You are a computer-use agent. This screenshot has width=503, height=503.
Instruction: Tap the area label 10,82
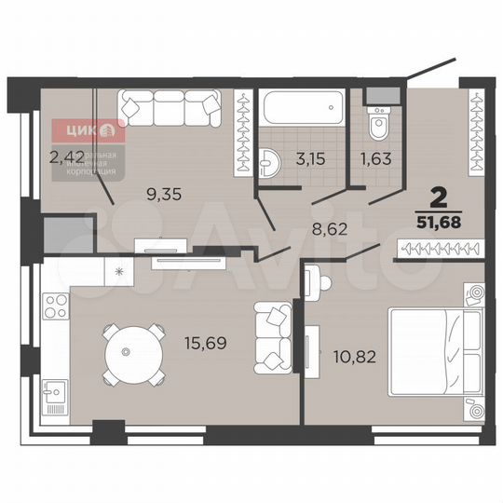(354, 355)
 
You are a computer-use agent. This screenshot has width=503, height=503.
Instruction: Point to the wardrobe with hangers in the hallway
(439, 249)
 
